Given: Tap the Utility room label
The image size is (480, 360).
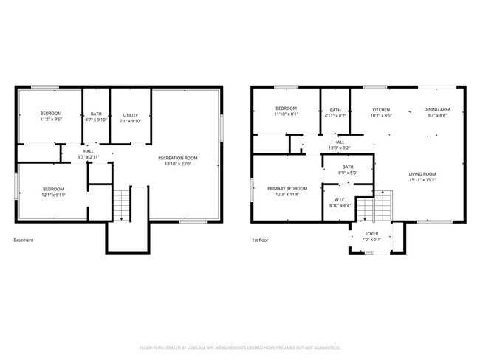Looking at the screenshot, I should click(131, 115).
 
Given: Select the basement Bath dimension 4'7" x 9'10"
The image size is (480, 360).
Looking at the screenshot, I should click(96, 120).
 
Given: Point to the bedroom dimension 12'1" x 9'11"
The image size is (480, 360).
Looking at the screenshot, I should click(53, 195).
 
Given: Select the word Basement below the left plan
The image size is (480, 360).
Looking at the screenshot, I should click(24, 240).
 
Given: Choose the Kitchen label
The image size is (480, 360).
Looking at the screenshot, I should click(381, 109).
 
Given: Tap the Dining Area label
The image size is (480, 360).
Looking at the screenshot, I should click(438, 109).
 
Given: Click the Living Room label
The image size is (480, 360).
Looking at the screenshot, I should click(423, 174).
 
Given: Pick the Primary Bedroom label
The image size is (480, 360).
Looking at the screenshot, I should click(287, 188).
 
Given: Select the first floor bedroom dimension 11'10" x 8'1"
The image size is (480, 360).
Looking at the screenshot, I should click(286, 115).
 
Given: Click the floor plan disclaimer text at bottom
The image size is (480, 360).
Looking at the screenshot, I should click(239, 347).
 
